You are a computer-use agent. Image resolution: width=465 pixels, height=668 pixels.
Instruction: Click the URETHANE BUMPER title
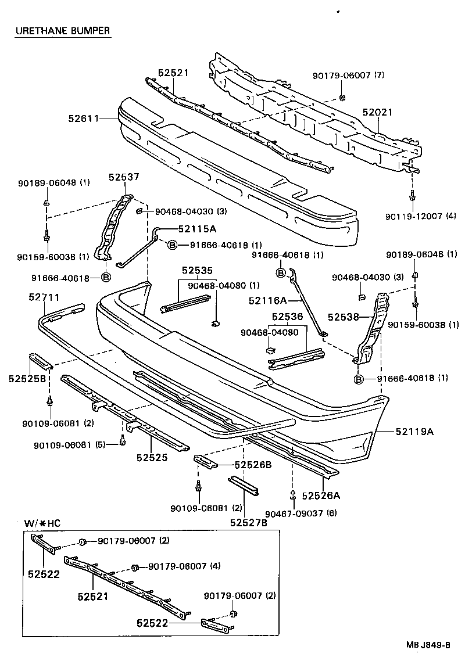click(x=62, y=31)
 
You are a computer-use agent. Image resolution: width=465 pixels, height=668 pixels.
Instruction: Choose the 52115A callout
click(x=197, y=229)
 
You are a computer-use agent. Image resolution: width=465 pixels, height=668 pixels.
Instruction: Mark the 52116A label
click(x=268, y=300)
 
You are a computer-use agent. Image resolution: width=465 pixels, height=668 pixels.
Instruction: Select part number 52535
click(x=197, y=270)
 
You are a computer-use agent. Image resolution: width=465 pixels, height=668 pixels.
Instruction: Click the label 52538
click(x=343, y=317)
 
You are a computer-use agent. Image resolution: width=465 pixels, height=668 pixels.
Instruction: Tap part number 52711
click(x=44, y=297)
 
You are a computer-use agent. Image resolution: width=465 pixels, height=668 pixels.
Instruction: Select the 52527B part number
click(x=248, y=522)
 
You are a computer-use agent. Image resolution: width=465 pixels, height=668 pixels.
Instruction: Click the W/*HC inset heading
click(x=42, y=522)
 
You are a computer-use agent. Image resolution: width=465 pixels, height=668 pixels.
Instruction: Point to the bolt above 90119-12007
click(x=412, y=196)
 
